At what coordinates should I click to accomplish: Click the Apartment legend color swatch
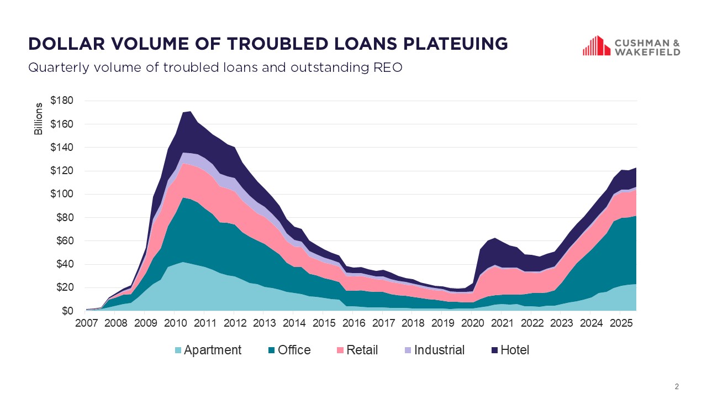pos(177,350)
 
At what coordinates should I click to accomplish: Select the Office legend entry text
pos(294,350)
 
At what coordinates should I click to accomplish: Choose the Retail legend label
pos(362,350)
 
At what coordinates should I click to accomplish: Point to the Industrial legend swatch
pos(408,350)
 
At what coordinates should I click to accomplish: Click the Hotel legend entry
pos(515,350)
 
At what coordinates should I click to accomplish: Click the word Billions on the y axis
pos(38,119)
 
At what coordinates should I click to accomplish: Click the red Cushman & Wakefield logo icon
pos(596,46)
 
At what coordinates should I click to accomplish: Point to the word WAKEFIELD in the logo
pos(647,52)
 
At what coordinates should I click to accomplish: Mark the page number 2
pos(677,386)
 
